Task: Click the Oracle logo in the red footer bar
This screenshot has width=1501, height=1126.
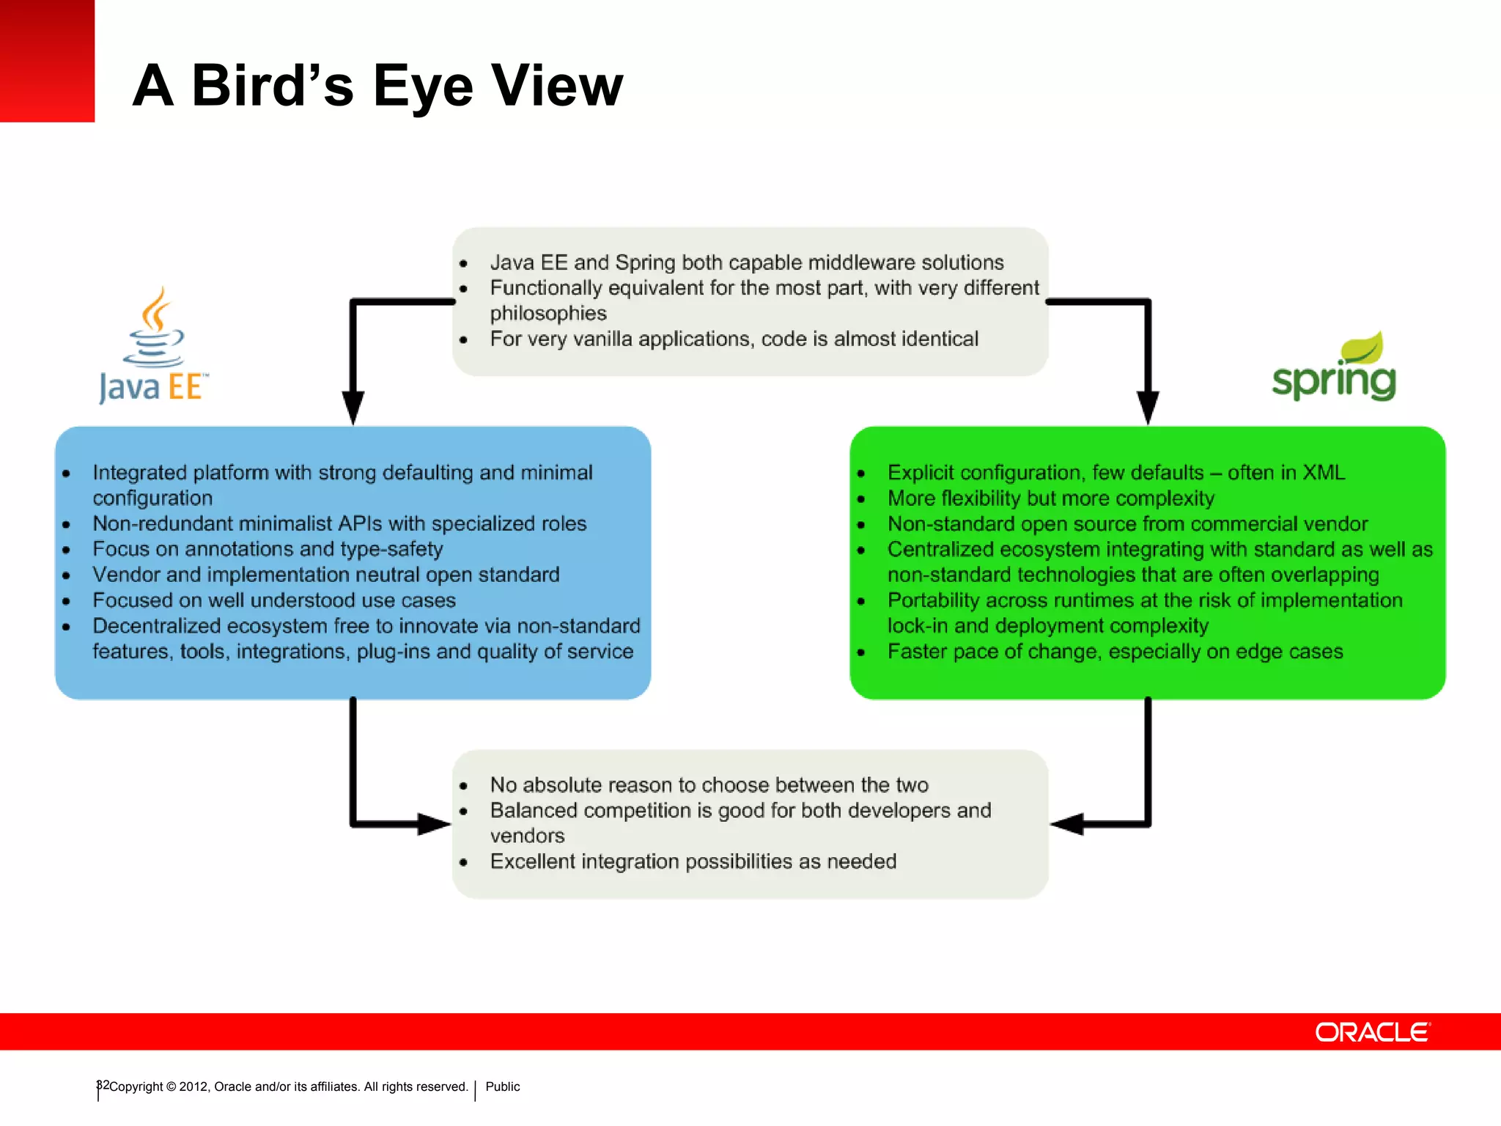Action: click(1372, 1032)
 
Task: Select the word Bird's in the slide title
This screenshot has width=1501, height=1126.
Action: click(273, 87)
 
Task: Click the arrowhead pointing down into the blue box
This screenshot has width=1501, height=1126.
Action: click(353, 405)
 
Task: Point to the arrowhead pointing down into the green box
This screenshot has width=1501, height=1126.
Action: click(1148, 405)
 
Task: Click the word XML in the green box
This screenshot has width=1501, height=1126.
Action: click(1323, 473)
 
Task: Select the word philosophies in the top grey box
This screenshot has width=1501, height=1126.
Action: click(548, 314)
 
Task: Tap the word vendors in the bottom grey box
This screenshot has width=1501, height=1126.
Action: click(527, 836)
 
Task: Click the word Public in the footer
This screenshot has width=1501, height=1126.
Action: click(502, 1086)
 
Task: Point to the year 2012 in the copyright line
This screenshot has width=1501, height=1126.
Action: click(193, 1086)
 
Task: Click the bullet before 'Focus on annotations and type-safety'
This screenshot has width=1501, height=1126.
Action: click(67, 550)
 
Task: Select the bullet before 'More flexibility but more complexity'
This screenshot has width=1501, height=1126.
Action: click(861, 499)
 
